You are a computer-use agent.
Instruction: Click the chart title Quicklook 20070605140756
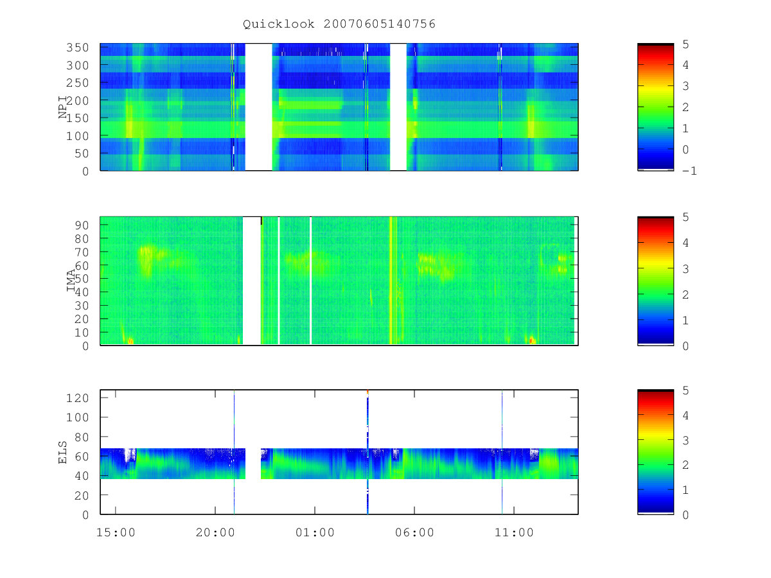(339, 24)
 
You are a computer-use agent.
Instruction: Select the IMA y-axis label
(71, 281)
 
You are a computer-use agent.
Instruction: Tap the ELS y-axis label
(62, 452)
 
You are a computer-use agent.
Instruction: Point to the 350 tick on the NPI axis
(77, 48)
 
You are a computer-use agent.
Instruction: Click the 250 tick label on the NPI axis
(77, 83)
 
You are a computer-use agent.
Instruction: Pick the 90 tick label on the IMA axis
(82, 225)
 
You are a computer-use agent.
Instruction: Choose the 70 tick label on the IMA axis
(82, 252)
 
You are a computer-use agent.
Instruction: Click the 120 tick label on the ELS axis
(77, 398)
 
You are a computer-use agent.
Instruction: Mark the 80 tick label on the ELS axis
(82, 437)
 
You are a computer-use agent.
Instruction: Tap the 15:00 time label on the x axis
(116, 532)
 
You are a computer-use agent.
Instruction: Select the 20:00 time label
(215, 532)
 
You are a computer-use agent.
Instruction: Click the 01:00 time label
(315, 532)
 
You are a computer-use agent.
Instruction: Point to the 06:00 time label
(414, 532)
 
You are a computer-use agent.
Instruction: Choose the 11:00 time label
(514, 532)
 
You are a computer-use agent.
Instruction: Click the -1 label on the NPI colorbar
(689, 171)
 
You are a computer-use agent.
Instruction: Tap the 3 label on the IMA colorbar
(686, 269)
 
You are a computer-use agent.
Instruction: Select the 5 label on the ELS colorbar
(686, 390)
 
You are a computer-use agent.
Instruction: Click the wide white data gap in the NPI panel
(258, 107)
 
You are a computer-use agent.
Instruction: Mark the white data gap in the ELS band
(253, 463)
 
